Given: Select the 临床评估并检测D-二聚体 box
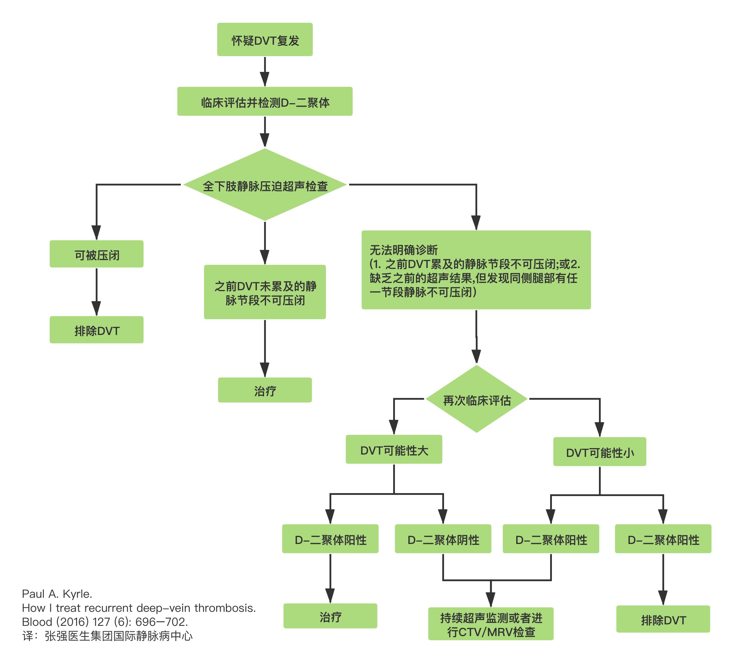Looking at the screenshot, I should click(265, 101).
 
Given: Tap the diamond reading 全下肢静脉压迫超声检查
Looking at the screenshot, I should click(265, 185).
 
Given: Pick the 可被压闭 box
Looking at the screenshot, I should click(96, 254).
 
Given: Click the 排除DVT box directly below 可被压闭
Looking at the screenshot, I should click(96, 330).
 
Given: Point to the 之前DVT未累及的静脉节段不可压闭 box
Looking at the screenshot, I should click(265, 292).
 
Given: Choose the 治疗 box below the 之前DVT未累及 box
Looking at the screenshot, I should click(265, 390).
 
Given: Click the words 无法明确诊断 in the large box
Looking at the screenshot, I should click(403, 250).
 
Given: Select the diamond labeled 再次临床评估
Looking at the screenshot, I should click(476, 399).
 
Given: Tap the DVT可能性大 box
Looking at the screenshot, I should click(394, 450).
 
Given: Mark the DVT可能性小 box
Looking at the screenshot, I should click(600, 452).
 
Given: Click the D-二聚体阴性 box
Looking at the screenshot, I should click(443, 539).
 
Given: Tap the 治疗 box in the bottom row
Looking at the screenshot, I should click(330, 616).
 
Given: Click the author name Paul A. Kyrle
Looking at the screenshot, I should click(57, 594).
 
